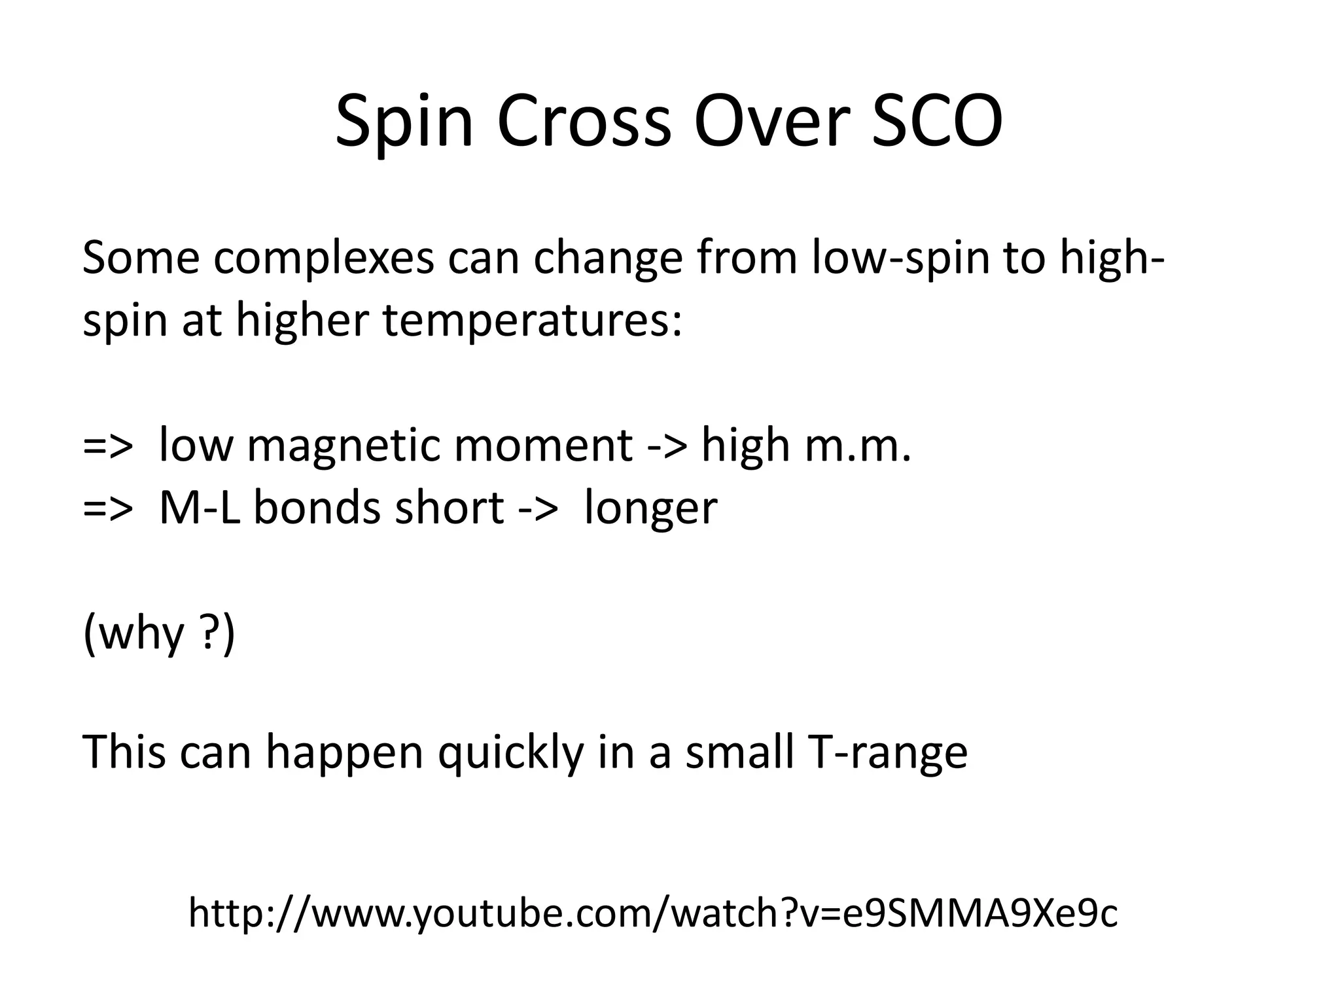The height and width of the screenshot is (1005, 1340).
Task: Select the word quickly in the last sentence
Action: (510, 753)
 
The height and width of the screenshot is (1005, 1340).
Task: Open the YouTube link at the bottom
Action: (652, 913)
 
